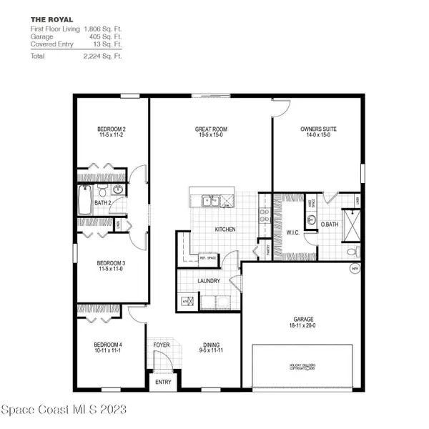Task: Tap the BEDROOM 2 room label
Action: [x=112, y=132]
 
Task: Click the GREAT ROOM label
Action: [x=210, y=132]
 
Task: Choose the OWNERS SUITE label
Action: [x=318, y=132]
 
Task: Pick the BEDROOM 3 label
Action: [x=112, y=265]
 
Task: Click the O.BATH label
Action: [x=328, y=226]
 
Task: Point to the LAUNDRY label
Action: [x=209, y=281]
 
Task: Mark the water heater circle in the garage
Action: [x=354, y=269]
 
